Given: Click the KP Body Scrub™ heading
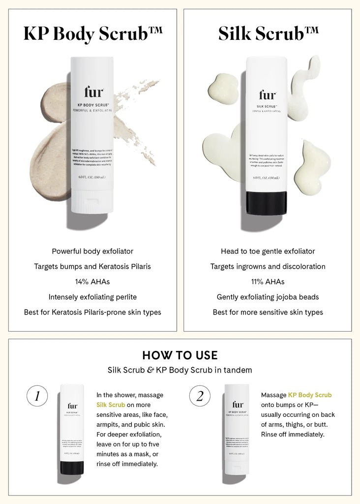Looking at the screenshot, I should (92, 33).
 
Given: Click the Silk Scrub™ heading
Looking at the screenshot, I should (268, 33).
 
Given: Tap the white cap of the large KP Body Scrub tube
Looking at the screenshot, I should (92, 202).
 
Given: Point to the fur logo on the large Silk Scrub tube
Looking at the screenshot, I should (267, 94).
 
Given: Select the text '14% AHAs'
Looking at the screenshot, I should (92, 282).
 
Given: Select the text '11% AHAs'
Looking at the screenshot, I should (268, 282).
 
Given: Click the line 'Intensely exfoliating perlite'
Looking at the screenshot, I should (92, 297).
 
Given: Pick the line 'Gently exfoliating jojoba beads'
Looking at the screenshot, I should (268, 297).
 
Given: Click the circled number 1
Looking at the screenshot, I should (37, 396).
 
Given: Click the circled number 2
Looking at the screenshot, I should (200, 396).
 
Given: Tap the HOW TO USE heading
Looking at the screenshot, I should (180, 355).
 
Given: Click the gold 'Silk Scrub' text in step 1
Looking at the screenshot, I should (111, 405).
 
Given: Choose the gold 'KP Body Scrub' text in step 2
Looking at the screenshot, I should (310, 395).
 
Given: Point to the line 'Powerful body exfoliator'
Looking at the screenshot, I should (92, 252).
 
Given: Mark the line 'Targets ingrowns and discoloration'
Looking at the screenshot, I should (268, 267).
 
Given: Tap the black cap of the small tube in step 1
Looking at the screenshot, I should (72, 468).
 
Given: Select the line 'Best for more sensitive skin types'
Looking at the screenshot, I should (268, 313).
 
